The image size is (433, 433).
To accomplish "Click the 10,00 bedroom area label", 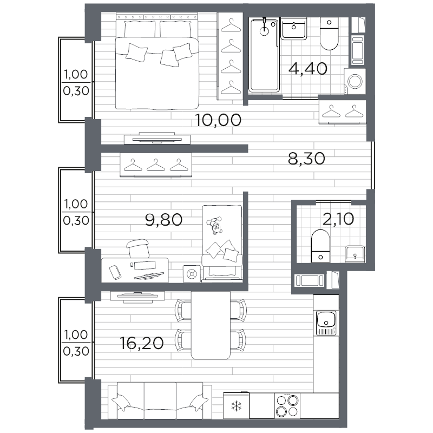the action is tap(218, 120).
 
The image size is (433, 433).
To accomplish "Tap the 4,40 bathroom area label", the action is tap(308, 69).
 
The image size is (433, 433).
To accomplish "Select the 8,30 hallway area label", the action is tap(306, 159).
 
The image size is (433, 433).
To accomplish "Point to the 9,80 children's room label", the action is tap(164, 220).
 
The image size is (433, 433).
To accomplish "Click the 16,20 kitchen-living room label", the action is tap(142, 343).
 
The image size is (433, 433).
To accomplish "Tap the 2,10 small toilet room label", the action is tap(338, 219).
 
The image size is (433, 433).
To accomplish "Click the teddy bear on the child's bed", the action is tap(215, 225).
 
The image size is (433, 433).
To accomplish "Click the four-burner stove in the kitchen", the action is tap(287, 405).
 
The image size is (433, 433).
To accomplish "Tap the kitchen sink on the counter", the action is tap(326, 323).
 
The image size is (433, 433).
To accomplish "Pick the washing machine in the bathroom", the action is tap(355, 82).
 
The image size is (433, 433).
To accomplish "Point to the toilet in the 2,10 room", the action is tap(320, 246).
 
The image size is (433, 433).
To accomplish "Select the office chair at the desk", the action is tap(138, 248).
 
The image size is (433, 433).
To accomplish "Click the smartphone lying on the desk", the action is tap(115, 272).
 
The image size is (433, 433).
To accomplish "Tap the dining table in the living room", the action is tap(211, 325).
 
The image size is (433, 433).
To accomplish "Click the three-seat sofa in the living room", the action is tap(160, 401).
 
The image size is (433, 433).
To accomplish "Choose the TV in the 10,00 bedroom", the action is tap(157, 138).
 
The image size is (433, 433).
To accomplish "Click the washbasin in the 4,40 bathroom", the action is tap(293, 29).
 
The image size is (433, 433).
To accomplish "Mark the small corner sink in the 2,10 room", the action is tap(355, 254).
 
